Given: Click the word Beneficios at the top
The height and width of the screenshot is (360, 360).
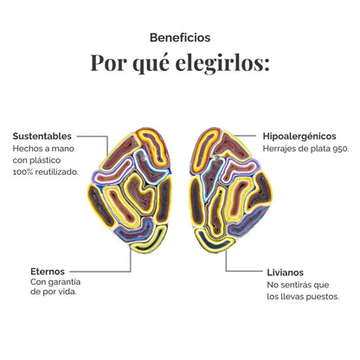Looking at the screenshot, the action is point(180,37).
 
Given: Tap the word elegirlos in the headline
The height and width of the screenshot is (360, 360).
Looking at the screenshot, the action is point(222,62).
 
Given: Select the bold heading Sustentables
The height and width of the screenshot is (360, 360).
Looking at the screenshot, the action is point(42,136).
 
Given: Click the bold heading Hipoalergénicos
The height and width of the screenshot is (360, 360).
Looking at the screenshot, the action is point(299,136).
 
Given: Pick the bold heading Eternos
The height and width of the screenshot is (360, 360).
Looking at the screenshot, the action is point(48,272).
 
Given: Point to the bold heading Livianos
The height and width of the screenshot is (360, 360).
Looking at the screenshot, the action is point(286,273).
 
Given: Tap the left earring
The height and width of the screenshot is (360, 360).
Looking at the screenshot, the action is point(130,190).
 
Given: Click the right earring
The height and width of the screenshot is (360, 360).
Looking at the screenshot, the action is point(230,190).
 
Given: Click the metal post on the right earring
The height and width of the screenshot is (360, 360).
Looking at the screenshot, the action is point(215,157).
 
